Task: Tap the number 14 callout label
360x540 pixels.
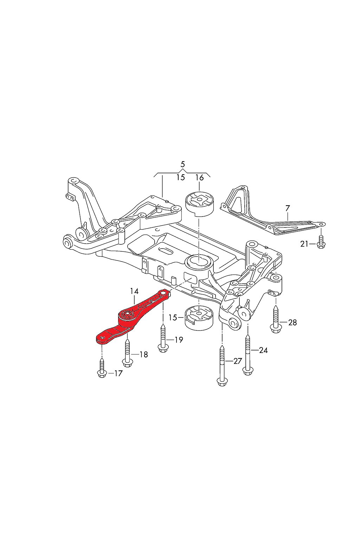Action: click(x=134, y=291)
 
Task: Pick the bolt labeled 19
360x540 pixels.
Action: click(x=163, y=337)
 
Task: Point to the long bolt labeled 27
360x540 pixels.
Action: click(x=222, y=366)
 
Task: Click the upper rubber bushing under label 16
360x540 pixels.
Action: click(x=199, y=203)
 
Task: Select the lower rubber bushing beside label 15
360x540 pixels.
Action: click(x=199, y=317)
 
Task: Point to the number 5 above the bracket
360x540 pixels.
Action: click(x=182, y=164)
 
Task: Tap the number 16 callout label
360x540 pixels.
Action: click(x=199, y=178)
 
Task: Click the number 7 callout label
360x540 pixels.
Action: click(x=288, y=208)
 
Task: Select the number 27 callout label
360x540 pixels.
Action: click(x=238, y=361)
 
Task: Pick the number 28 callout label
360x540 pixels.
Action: click(x=292, y=322)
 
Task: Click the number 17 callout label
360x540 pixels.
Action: click(x=118, y=373)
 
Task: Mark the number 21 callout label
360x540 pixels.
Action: click(x=304, y=244)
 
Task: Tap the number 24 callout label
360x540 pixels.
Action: click(x=263, y=350)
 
